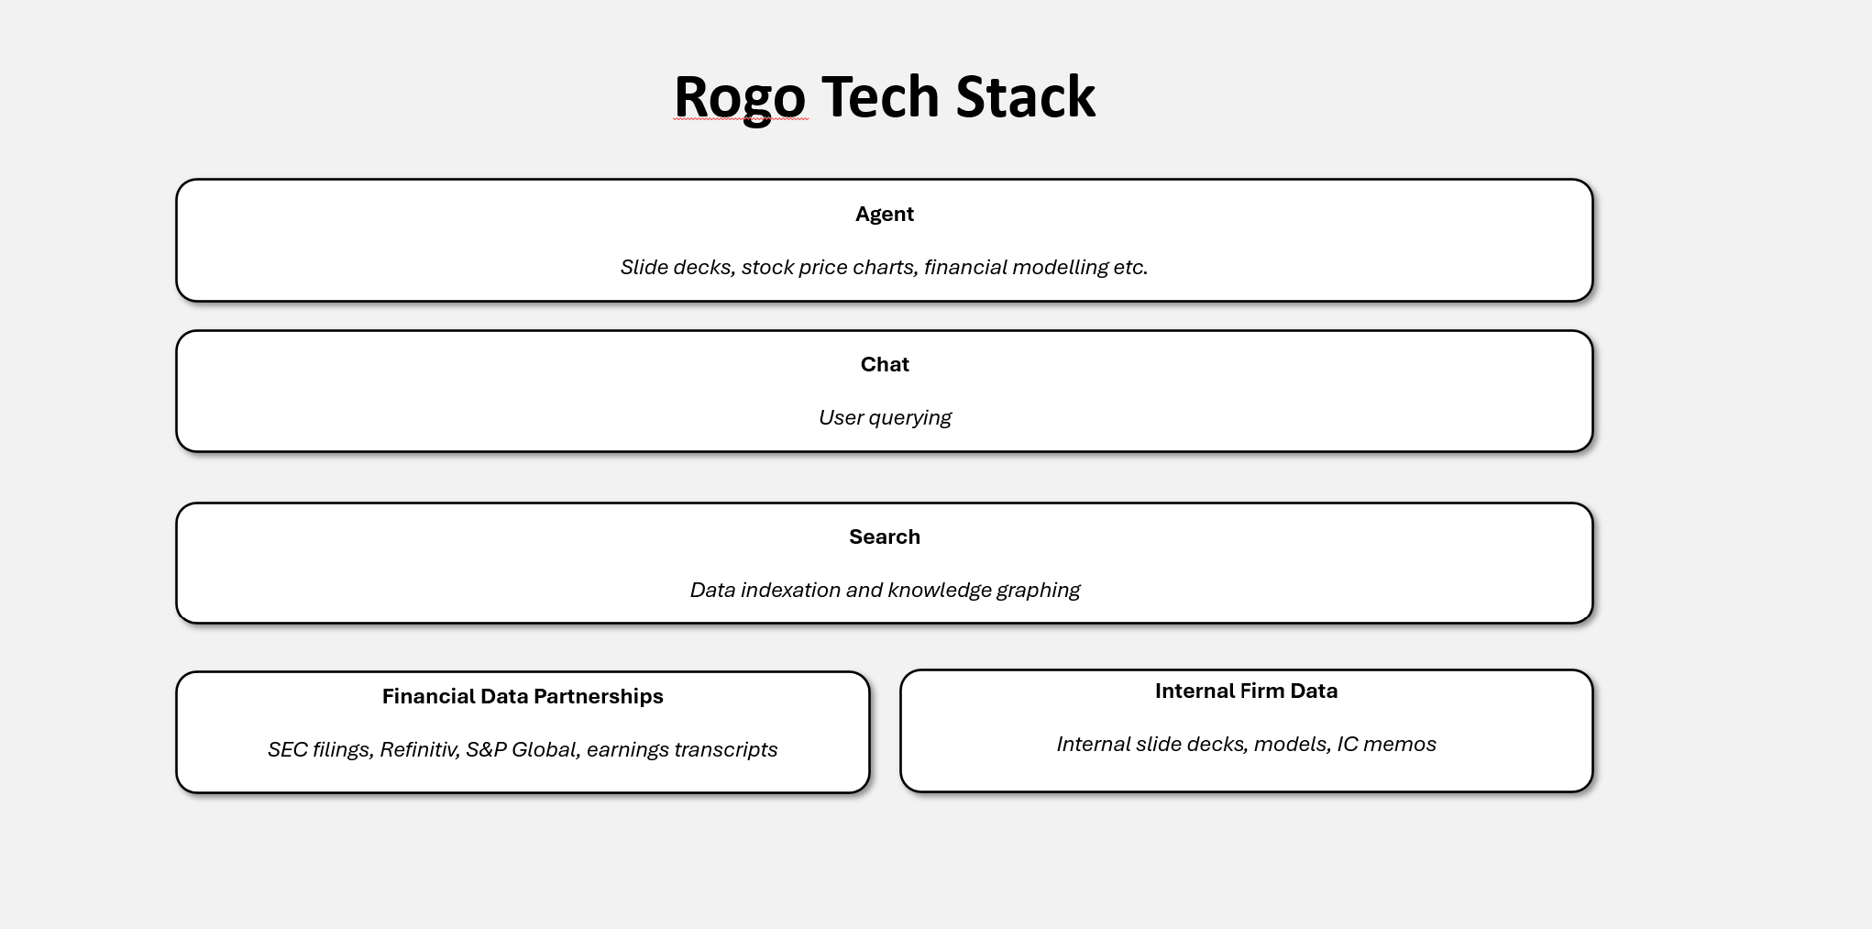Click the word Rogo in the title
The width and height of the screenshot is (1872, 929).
(739, 97)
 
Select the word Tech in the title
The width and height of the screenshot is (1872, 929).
(880, 97)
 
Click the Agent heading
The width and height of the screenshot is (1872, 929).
(884, 215)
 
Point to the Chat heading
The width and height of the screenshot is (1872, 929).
(884, 365)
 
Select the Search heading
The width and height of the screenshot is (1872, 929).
(884, 537)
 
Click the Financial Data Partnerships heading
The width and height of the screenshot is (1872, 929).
(523, 697)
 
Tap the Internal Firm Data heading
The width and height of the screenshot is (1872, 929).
(1246, 691)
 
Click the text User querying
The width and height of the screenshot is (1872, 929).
(884, 418)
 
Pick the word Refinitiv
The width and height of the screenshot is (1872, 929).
(418, 750)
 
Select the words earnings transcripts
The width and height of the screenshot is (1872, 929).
(681, 750)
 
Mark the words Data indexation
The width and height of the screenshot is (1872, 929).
(765, 591)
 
